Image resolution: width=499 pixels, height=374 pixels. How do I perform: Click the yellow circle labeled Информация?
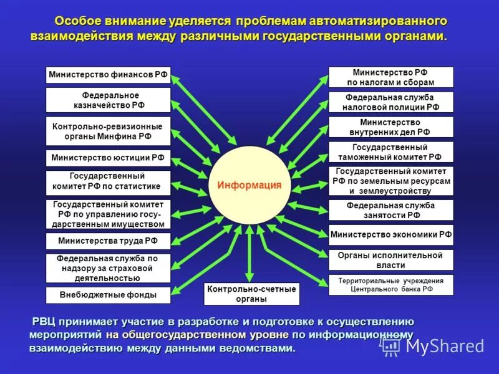(249, 185)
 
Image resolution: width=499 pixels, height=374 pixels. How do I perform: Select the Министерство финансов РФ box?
(108, 75)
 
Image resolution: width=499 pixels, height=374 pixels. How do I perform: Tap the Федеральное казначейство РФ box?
(108, 100)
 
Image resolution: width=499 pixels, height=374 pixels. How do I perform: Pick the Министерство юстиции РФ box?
(108, 158)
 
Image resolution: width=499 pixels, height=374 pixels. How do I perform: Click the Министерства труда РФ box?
(108, 241)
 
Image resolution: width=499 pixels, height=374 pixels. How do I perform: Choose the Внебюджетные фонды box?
(108, 295)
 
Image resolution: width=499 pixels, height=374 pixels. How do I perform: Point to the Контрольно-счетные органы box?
(251, 294)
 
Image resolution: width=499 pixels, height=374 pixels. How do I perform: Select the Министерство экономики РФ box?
(391, 235)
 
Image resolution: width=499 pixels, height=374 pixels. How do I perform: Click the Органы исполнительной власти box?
(391, 260)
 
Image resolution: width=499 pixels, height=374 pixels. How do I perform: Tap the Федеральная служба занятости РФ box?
(391, 210)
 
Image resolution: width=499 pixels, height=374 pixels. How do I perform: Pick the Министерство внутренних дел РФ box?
(391, 127)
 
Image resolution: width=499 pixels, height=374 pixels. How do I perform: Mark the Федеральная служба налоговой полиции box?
(391, 102)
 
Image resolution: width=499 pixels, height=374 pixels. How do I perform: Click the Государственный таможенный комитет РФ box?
(391, 152)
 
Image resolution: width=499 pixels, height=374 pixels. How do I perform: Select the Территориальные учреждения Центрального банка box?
(391, 285)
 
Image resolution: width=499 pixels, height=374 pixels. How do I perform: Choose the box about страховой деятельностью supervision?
(108, 268)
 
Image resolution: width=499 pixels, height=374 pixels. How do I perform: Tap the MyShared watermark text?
(444, 346)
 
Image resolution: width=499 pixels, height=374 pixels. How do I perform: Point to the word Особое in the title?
(77, 21)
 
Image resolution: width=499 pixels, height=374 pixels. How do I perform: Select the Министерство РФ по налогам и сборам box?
(391, 77)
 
